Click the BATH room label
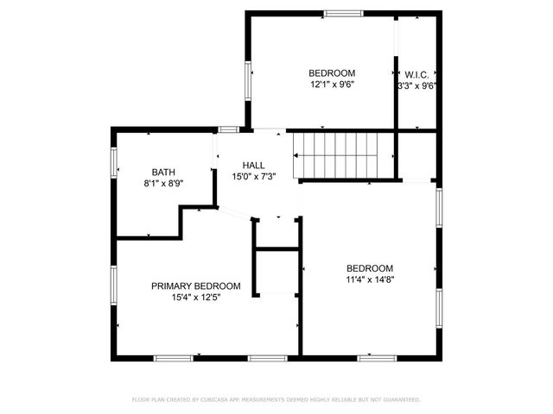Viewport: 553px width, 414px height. (163, 172)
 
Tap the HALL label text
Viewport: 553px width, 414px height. (253, 165)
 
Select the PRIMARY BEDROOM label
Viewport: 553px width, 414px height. (196, 286)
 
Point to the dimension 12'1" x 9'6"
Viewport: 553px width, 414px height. (333, 85)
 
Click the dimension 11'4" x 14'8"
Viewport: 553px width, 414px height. (370, 279)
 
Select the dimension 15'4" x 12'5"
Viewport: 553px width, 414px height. (196, 298)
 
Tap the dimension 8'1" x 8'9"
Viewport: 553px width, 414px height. (163, 183)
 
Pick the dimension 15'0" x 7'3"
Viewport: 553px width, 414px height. (253, 176)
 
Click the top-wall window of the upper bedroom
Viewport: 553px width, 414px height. (344, 13)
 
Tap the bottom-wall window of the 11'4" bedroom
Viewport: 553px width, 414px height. (377, 357)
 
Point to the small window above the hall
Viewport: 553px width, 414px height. (228, 129)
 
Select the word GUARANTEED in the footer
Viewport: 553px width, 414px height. (400, 400)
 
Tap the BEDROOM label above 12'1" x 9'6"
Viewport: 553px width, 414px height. (333, 73)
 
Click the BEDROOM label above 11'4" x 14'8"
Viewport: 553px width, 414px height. (370, 267)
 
